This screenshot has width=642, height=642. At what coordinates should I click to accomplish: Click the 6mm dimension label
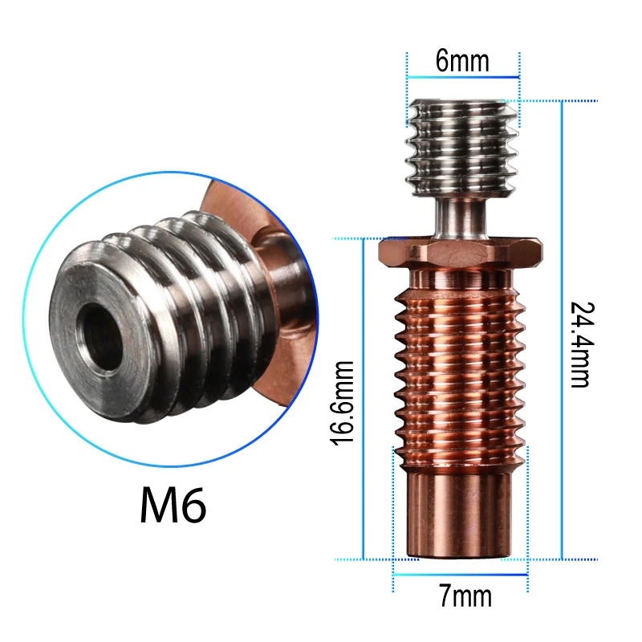tap(462, 62)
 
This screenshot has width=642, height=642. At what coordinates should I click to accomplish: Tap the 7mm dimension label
tap(465, 596)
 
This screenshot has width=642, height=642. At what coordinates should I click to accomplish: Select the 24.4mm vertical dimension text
tap(579, 344)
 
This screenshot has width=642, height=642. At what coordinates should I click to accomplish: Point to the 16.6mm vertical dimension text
tap(342, 404)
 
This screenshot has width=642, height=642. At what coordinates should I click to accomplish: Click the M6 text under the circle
tap(173, 504)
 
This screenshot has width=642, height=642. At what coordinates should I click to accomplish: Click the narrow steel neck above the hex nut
tap(458, 216)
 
